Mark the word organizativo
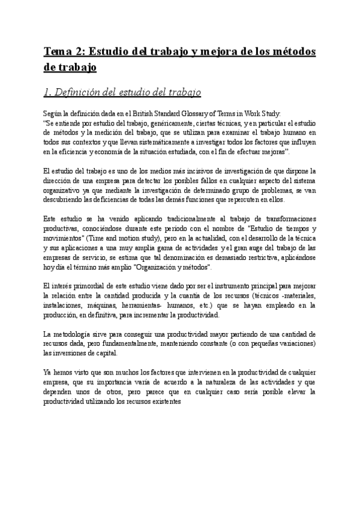[x=64, y=191]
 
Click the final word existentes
[x=171, y=402]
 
